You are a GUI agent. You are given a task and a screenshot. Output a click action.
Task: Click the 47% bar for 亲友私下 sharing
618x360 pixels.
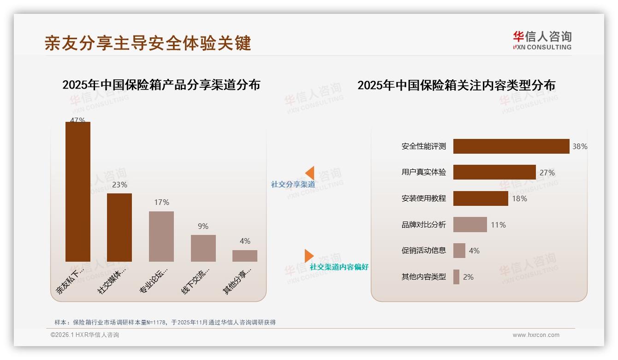[x=78, y=192]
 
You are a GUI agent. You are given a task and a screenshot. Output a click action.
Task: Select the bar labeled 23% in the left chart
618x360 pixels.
[x=119, y=227]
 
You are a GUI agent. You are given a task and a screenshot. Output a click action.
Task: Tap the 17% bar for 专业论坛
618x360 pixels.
[x=161, y=236]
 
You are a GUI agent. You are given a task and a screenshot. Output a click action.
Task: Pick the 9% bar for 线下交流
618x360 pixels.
[x=203, y=248]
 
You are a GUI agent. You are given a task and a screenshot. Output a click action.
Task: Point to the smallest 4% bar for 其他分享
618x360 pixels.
[x=245, y=256]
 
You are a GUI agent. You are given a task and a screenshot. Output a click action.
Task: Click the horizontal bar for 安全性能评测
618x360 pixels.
[x=511, y=146]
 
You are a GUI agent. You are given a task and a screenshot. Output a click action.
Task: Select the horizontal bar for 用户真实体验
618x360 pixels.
[x=494, y=172]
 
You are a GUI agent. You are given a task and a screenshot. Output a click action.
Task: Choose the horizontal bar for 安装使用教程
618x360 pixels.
[x=481, y=198]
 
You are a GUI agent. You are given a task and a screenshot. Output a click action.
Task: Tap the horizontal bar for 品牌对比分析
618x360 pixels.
[x=470, y=225]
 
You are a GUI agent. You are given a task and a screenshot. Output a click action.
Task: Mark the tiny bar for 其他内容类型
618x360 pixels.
[x=456, y=277]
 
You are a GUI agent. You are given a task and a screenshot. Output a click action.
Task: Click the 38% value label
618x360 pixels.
[x=580, y=146]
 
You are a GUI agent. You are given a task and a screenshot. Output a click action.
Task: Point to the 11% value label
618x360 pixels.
[x=498, y=225]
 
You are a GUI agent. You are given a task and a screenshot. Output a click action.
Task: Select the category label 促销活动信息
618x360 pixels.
[x=423, y=251]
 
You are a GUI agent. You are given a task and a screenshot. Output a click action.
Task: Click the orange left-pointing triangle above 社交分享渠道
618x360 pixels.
[x=309, y=173]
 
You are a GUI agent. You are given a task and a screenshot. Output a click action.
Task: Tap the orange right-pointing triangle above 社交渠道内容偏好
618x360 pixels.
[x=309, y=256]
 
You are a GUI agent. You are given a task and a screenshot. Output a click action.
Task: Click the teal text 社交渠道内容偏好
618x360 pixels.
[x=339, y=267]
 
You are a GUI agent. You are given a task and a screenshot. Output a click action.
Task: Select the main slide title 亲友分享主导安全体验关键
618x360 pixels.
[x=148, y=43]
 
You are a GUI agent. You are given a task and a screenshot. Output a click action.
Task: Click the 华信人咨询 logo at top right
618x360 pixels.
[x=542, y=40]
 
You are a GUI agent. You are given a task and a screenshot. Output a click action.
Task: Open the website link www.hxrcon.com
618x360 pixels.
[x=536, y=335]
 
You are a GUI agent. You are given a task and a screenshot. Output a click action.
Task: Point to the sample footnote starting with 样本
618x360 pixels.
[x=165, y=322]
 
